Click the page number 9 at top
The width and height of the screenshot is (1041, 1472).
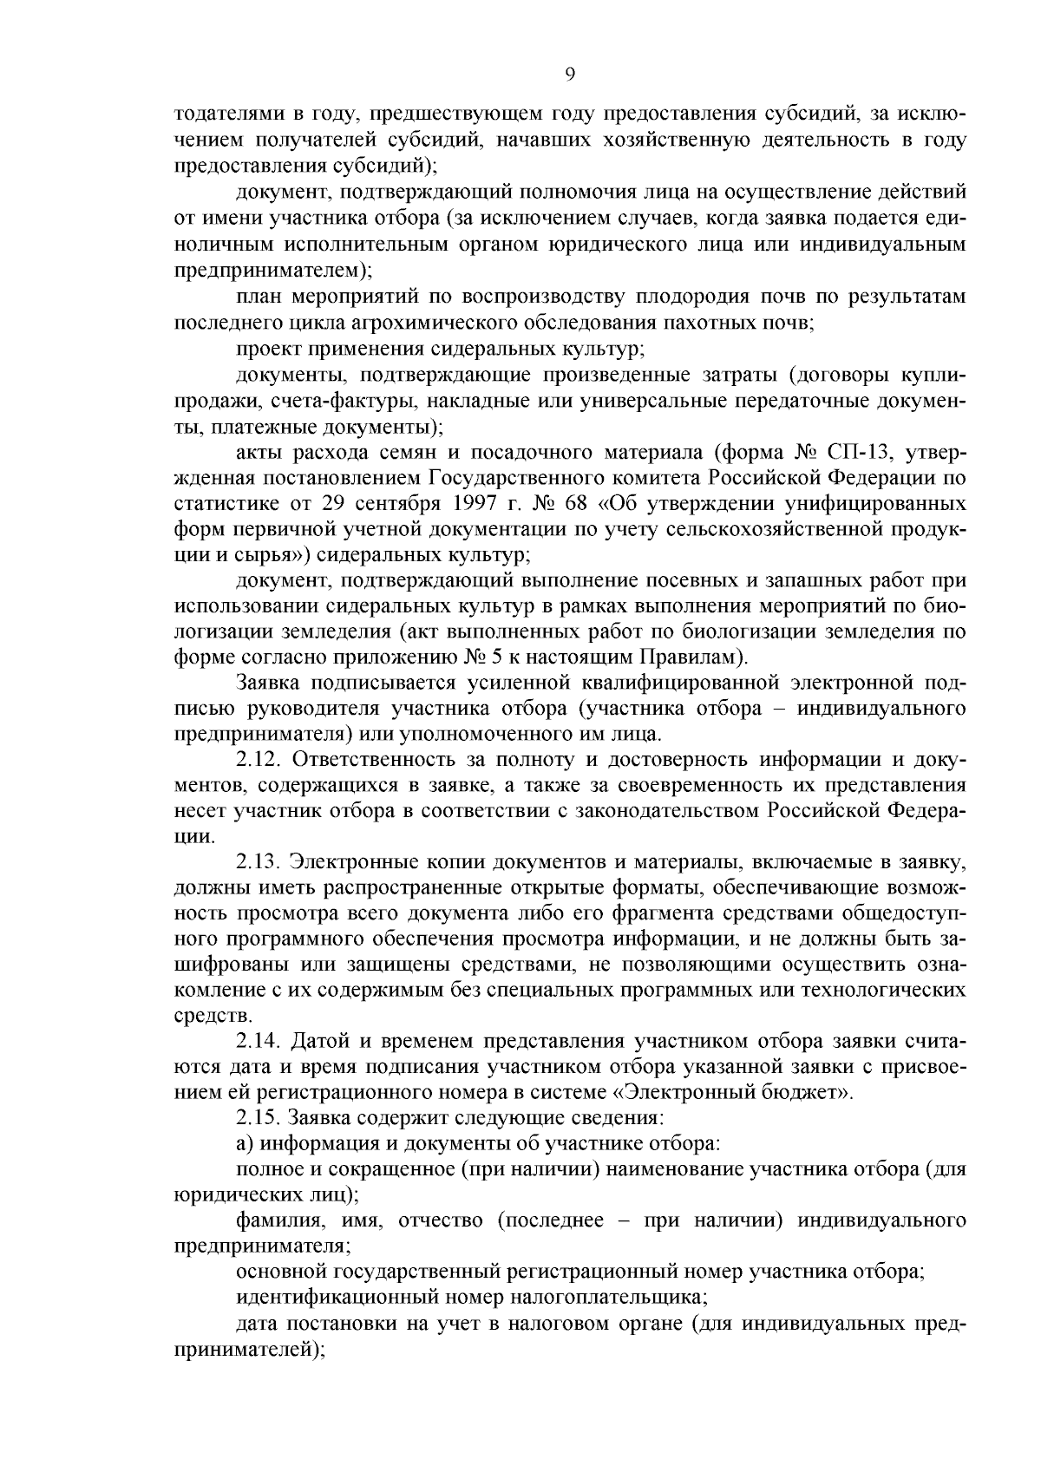(570, 75)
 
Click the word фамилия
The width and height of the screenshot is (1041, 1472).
(276, 1221)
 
